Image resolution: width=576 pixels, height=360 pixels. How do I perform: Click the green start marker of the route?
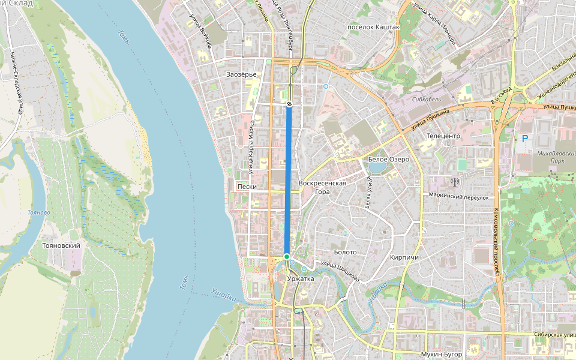[x=287, y=257]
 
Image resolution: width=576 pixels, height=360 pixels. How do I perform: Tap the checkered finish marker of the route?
[x=289, y=104]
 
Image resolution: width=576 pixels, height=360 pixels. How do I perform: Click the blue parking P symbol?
[x=525, y=139]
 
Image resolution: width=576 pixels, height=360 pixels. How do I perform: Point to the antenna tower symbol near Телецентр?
[x=454, y=182]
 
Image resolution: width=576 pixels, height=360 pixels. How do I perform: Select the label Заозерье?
[x=242, y=74]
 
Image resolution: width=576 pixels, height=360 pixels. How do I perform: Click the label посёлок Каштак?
[x=374, y=27]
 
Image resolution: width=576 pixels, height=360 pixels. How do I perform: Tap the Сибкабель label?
[x=427, y=98]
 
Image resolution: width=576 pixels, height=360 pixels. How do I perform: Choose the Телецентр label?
[x=443, y=136]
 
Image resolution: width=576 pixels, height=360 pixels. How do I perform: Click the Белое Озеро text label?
[x=388, y=160]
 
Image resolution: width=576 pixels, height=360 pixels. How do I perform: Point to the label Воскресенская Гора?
[x=322, y=187]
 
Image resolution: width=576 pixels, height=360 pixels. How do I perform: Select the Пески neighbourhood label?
[x=247, y=187]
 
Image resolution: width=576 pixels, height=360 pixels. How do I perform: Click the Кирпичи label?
[x=404, y=257]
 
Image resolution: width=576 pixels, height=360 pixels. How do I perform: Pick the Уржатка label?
[x=301, y=279]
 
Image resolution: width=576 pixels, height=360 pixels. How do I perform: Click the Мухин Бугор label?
[x=442, y=355]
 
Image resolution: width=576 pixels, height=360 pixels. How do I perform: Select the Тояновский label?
[x=62, y=245]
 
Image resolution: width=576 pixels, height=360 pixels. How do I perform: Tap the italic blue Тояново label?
[x=39, y=212]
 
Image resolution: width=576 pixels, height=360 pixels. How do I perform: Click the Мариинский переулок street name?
[x=459, y=196]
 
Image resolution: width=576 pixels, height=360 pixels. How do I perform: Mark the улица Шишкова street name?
[x=340, y=271]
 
